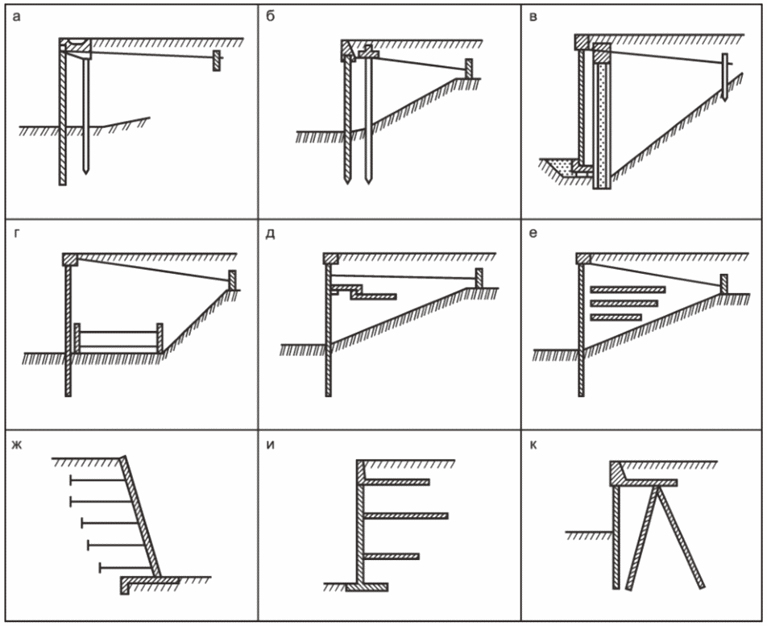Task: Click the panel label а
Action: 17,18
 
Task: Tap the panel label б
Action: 271,17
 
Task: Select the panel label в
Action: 533,18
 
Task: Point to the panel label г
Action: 17,234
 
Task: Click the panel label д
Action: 271,234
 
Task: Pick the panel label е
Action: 533,234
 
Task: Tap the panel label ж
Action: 18,445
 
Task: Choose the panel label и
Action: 271,445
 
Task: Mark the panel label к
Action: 533,445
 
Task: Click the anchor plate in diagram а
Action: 216,60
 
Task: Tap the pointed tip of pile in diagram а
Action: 86,173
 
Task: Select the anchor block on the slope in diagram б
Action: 469,68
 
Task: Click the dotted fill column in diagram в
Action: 602,125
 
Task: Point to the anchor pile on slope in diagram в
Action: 725,77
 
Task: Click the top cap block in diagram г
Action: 70,259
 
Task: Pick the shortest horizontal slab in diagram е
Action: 616,317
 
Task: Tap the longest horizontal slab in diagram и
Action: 405,516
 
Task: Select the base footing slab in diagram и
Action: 367,587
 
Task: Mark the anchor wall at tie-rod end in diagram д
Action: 479,278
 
